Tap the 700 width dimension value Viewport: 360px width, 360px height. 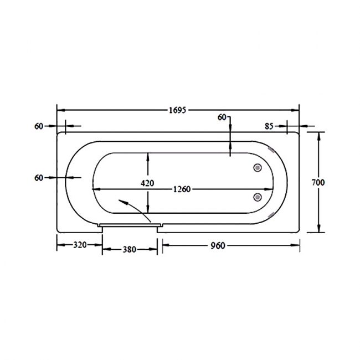point(333,182)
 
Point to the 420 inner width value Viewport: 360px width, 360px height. point(148,183)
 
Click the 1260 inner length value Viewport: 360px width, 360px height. point(181,189)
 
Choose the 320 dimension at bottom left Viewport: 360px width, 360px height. point(79,245)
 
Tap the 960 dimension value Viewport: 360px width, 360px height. point(217,245)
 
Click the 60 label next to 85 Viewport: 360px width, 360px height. point(222,117)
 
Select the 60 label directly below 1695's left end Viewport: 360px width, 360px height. point(39,126)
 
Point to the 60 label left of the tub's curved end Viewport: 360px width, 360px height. point(39,177)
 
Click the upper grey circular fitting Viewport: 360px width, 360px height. point(258,168)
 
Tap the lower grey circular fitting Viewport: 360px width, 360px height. point(258,197)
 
